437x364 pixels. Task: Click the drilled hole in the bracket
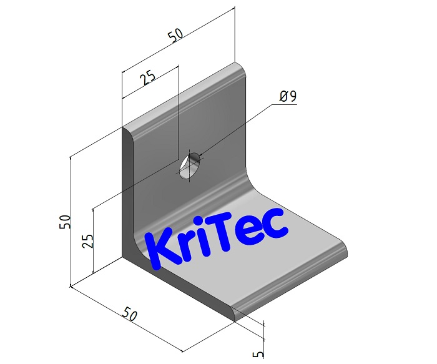[x=190, y=167]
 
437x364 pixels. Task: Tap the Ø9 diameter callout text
[x=288, y=97]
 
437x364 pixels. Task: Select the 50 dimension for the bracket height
[x=64, y=222]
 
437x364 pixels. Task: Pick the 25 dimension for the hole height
[x=88, y=240]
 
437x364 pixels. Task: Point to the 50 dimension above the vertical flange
[x=175, y=36]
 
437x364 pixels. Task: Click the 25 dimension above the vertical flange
[x=147, y=77]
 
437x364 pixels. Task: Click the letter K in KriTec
[x=164, y=251]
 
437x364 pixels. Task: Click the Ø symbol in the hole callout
[x=284, y=97]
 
